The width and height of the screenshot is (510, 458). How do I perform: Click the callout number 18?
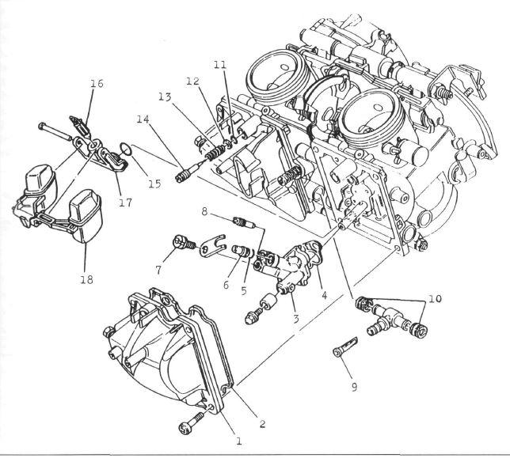pos(86,279)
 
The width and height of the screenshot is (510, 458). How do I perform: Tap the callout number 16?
pos(97,84)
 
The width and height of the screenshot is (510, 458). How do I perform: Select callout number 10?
pos(436,298)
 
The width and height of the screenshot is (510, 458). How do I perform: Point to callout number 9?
pos(354,387)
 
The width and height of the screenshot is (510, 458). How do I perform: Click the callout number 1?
pos(238,441)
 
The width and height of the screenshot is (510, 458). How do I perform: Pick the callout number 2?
pos(262,423)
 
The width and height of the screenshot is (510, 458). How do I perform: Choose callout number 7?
pos(158,270)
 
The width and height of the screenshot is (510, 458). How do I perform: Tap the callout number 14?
pos(143,119)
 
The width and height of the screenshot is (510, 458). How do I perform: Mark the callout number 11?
pos(220,64)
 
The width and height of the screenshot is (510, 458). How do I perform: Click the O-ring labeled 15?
pos(126,150)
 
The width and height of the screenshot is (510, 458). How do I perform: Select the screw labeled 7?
pos(184,243)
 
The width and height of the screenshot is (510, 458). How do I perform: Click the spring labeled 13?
pos(215,153)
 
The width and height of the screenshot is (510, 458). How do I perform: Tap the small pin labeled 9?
pos(346,346)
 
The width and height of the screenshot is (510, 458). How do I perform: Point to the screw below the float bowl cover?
pos(192,423)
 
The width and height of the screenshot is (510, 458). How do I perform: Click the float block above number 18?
pos(86,216)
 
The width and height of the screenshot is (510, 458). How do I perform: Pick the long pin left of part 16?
pos(54,131)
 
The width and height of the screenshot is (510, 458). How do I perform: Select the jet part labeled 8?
pos(245,223)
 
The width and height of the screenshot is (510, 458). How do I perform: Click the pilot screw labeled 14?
pos(187,172)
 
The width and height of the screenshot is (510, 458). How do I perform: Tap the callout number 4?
pos(324,295)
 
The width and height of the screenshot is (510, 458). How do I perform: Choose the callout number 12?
pos(192,81)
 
